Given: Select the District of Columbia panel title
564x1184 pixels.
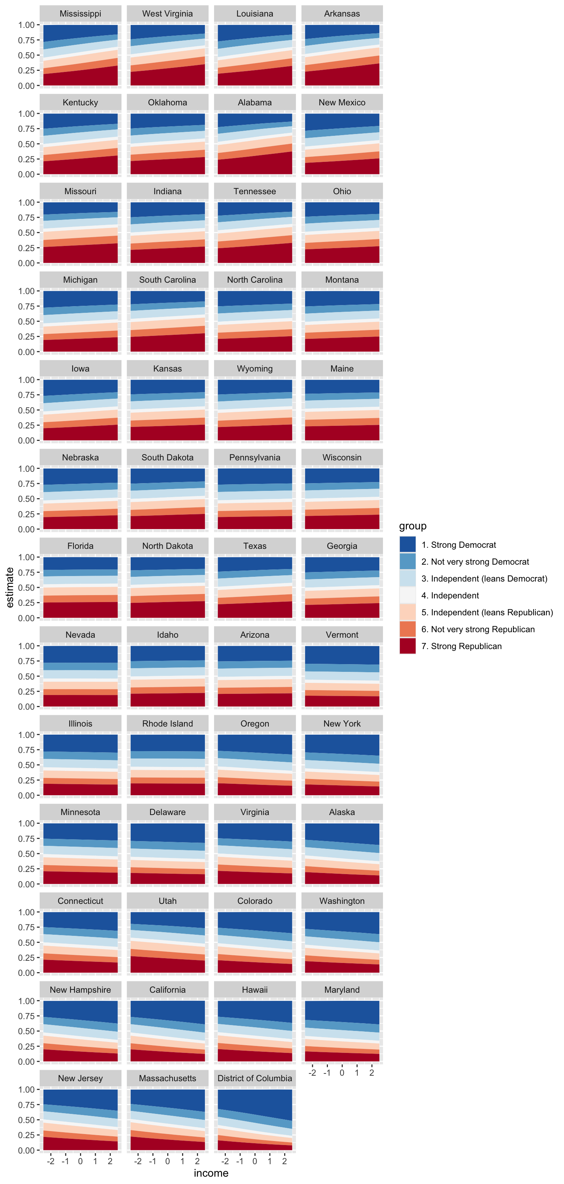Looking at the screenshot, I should [x=255, y=1078].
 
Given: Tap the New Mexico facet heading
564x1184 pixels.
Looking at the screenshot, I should [x=342, y=102].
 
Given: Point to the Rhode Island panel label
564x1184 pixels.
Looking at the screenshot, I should [x=167, y=724].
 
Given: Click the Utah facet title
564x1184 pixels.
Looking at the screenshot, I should [x=167, y=901].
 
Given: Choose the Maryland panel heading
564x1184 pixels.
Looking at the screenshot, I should [x=342, y=989].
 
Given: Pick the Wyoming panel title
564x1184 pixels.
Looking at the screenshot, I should [x=255, y=369].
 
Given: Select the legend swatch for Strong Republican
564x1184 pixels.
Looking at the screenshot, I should [x=407, y=646].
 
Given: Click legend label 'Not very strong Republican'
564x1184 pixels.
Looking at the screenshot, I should [x=478, y=629].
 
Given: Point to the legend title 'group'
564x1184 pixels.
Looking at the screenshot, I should [x=412, y=526].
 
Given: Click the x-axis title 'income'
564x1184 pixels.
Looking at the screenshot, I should [x=211, y=1173].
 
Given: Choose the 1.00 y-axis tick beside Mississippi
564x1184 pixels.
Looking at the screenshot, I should [x=26, y=25].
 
